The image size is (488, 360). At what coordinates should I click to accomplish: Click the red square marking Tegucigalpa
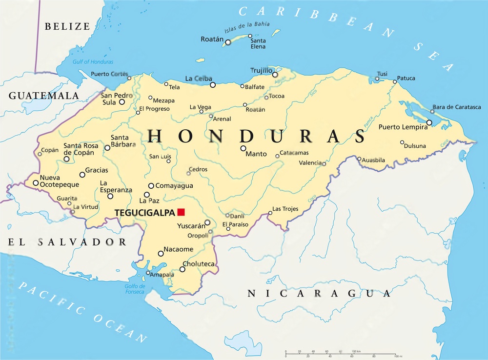tap(181, 212)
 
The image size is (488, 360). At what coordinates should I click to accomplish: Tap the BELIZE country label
tap(67, 26)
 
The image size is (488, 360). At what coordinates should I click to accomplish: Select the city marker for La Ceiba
tap(213, 85)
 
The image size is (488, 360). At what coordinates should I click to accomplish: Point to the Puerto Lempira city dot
tap(429, 122)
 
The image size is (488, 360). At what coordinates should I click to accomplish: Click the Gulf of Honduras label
tap(93, 62)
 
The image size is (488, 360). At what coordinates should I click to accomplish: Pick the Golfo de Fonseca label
tap(135, 289)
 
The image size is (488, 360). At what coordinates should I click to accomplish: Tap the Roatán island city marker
tap(228, 42)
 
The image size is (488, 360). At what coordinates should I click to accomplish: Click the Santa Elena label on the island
tap(258, 43)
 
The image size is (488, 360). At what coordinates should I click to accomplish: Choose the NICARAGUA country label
tap(319, 293)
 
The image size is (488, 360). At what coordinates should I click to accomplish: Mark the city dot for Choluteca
tap(183, 269)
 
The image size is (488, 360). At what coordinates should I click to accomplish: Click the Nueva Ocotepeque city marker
tap(36, 183)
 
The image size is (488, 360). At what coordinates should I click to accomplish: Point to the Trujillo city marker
tap(275, 75)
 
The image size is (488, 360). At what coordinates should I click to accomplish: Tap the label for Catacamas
tap(294, 153)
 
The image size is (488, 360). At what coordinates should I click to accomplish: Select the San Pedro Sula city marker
tap(122, 102)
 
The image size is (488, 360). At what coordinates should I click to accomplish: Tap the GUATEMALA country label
tap(43, 95)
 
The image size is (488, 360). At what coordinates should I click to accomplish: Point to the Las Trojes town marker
tap(270, 213)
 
